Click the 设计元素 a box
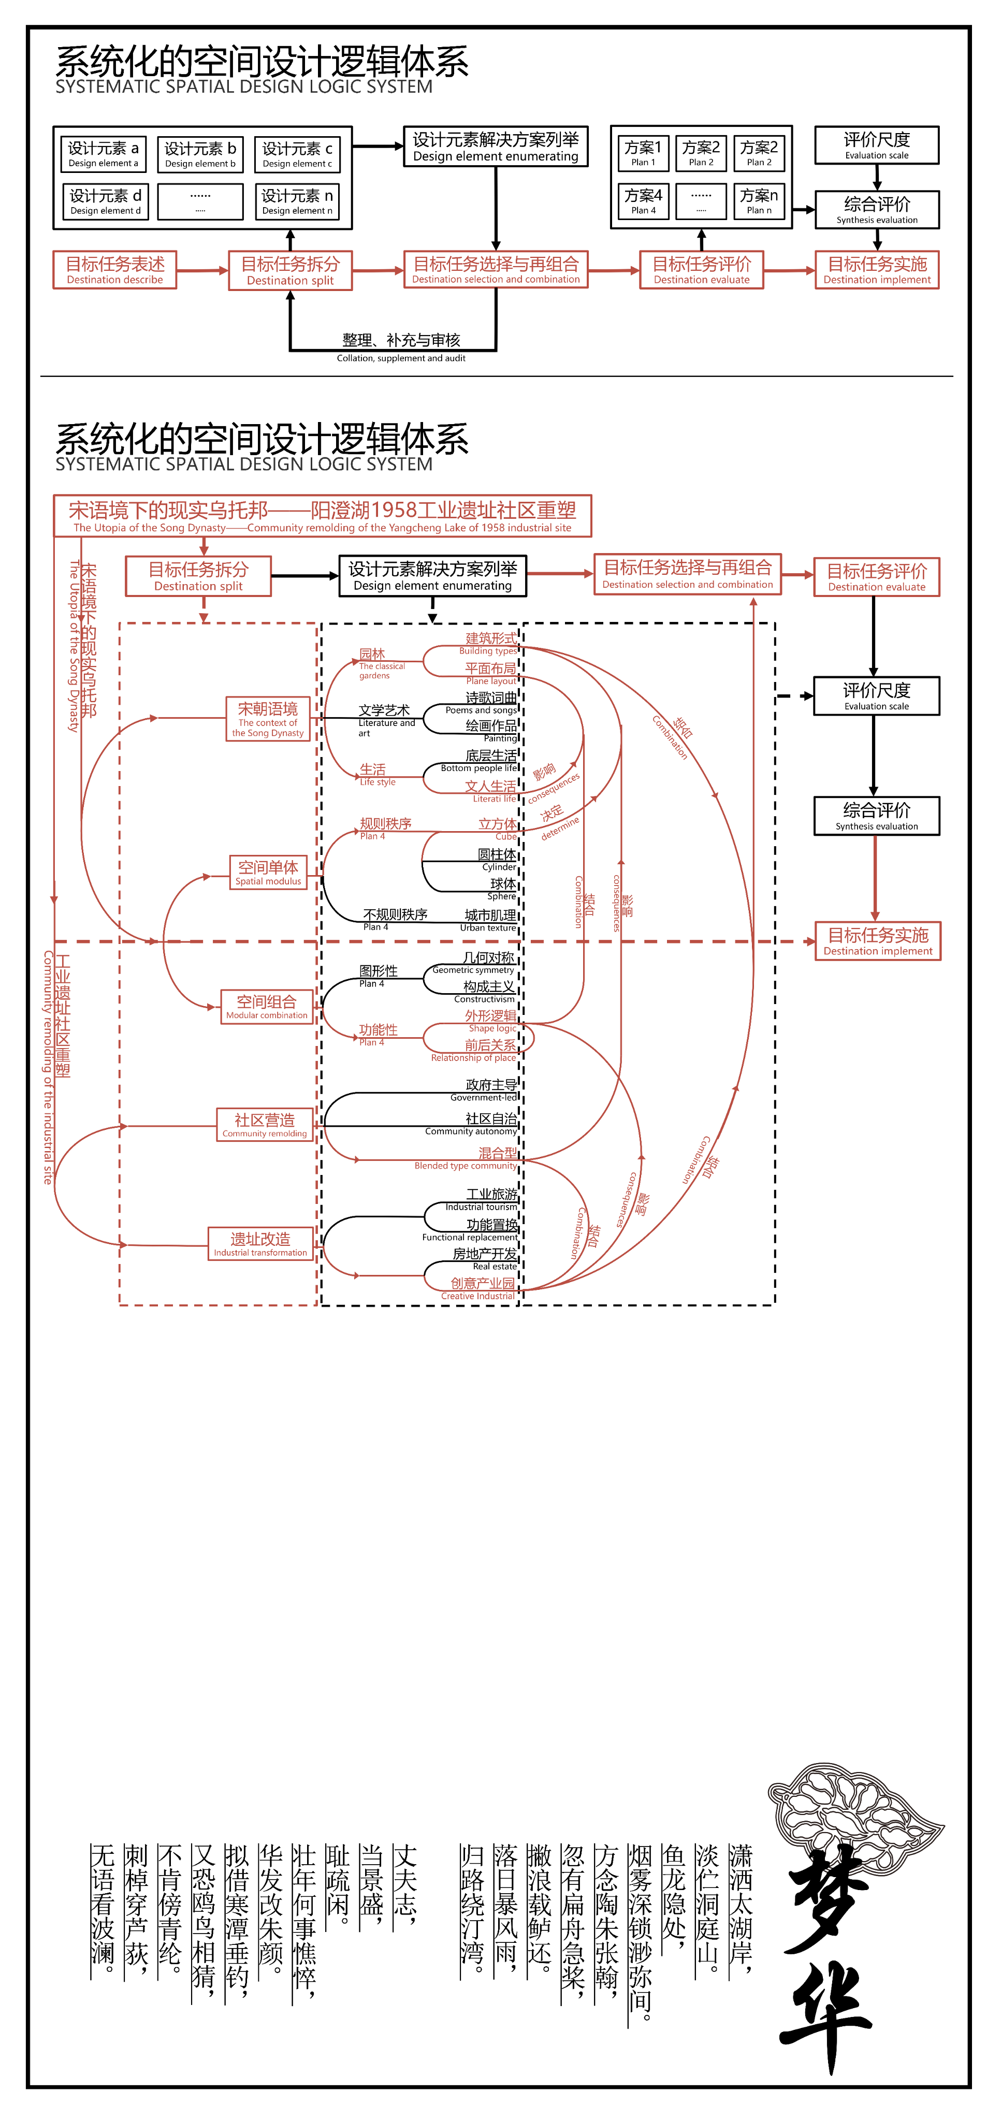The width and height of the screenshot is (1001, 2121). (x=104, y=154)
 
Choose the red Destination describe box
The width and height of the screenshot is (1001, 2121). (x=115, y=270)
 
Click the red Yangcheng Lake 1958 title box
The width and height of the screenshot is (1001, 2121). (x=322, y=516)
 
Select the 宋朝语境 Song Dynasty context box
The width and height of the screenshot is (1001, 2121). (x=268, y=719)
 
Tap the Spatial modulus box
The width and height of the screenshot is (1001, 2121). (x=268, y=872)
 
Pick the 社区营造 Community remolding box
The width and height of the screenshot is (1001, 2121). (x=264, y=1125)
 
